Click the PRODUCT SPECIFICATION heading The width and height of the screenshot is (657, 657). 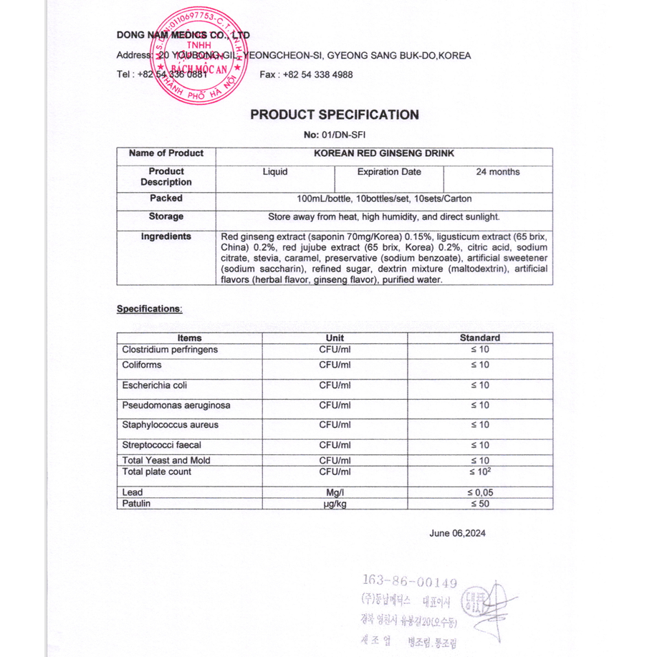pos(335,115)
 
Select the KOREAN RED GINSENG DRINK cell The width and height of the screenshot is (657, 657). pos(384,153)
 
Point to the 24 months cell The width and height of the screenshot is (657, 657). pos(498,172)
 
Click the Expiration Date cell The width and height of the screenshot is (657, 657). pos(389,172)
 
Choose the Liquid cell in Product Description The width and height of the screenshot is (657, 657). pos(275,172)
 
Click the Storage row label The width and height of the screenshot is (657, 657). pos(166,216)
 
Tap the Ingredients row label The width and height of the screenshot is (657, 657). pos(166,236)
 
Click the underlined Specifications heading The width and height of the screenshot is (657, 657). pos(150,309)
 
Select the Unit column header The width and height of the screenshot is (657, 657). pos(335,338)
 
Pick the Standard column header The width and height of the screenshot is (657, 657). pos(480,338)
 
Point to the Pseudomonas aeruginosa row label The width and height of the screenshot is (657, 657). pos(176,406)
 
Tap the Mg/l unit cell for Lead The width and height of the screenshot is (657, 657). pos(335,493)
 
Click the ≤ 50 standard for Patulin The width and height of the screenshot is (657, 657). pos(480,504)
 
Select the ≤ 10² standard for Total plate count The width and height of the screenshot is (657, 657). pos(480,472)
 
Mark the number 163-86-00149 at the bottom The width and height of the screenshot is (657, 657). pos(410,582)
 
